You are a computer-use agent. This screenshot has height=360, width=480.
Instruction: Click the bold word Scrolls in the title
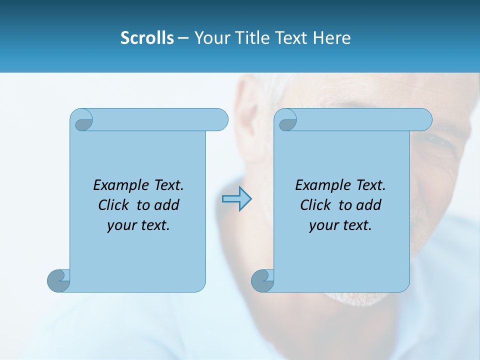[147, 38]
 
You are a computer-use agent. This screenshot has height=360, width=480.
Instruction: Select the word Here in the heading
[331, 38]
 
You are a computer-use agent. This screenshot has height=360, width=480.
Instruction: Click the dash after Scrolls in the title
[183, 38]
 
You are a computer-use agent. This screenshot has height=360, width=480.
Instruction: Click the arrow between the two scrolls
[236, 199]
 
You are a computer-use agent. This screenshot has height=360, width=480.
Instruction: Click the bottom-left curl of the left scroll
[58, 280]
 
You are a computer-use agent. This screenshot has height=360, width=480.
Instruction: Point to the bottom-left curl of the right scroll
[262, 280]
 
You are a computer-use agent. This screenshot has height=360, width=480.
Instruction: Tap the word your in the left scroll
[121, 225]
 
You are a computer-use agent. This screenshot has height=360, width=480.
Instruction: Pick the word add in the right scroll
[369, 205]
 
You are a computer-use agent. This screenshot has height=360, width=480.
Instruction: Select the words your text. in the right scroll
[340, 225]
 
